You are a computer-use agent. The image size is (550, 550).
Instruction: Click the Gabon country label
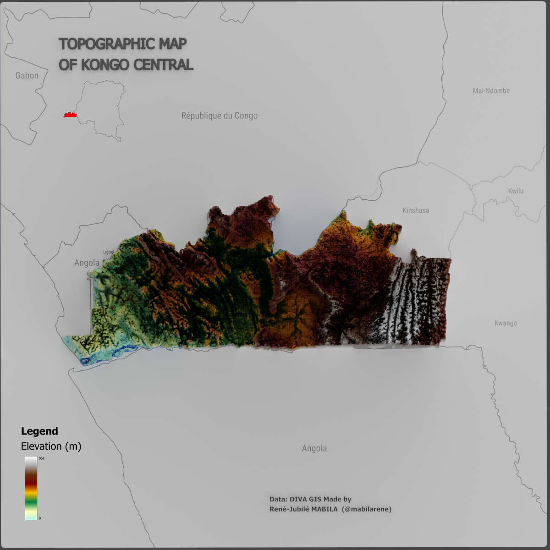pos(27,76)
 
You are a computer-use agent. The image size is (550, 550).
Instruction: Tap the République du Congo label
pos(220,116)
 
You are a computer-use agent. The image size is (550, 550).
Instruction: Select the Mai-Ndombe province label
pos(491,91)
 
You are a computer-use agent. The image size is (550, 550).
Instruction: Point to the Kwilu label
pos(516,191)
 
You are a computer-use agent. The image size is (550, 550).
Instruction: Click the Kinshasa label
pos(416,210)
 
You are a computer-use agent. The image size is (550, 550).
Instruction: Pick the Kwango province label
pos(506,323)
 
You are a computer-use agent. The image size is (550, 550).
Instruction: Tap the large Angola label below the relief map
pos(314,449)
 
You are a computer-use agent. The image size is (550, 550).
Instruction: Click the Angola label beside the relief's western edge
pos(87,263)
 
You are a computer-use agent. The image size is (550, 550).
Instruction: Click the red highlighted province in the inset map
pos(70,115)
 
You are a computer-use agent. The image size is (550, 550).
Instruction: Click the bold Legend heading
pos(39,431)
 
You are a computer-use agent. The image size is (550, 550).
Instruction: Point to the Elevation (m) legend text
pos(51,446)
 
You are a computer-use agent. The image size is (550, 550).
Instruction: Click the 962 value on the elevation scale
pos(42,458)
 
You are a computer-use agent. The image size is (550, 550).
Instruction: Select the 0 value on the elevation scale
pos(40,518)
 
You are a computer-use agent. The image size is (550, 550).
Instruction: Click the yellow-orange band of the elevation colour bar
pos(31,492)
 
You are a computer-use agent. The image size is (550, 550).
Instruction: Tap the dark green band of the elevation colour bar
pos(31,504)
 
